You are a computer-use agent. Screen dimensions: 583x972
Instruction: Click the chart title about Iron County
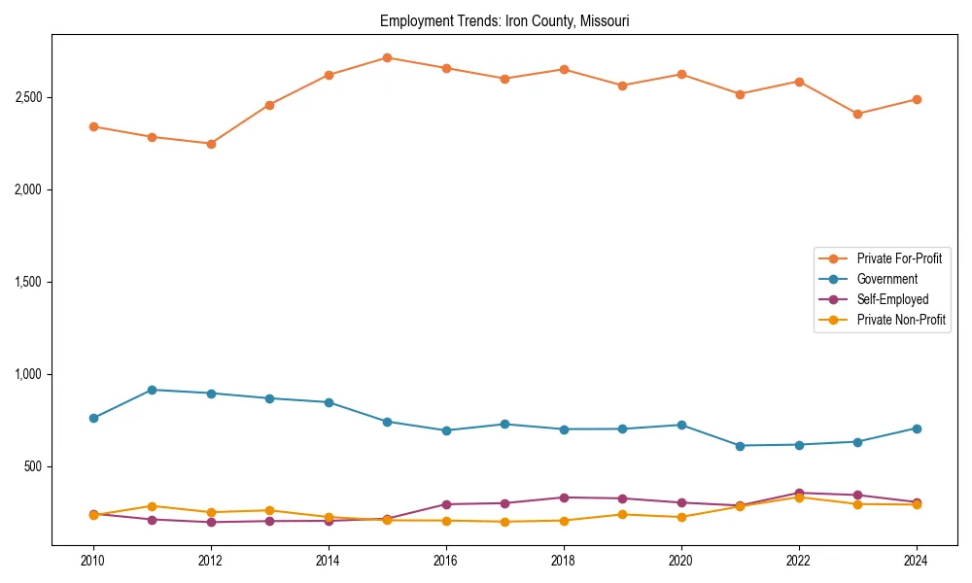pos(504,20)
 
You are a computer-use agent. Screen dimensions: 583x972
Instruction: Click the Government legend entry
pos(886,279)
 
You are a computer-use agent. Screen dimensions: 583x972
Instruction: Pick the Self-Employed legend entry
pos(892,299)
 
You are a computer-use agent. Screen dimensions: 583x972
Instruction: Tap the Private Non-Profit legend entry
pos(901,320)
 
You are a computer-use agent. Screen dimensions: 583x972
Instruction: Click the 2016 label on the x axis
pos(446,561)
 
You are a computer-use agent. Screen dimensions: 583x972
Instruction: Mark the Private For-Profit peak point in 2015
pos(387,57)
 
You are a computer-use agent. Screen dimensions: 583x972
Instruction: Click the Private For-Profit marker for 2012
pos(211,144)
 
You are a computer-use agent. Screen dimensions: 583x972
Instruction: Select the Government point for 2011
pos(153,390)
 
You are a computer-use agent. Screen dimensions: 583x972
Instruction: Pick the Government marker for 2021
pos(740,446)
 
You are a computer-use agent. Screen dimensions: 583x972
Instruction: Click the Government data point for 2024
pos(917,429)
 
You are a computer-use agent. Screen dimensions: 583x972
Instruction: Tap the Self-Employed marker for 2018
pos(564,497)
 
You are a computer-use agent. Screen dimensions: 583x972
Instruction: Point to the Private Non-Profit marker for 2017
pos(504,522)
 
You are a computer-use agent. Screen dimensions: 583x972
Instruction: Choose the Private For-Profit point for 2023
pos(857,114)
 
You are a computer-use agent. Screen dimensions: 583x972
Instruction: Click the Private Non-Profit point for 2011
pos(153,506)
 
